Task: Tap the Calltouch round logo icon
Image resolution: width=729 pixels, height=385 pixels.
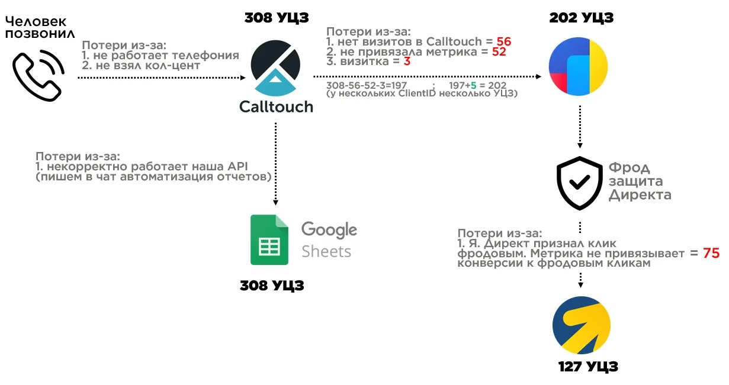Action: (x=276, y=68)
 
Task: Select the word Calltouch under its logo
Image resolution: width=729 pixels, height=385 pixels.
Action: (x=276, y=107)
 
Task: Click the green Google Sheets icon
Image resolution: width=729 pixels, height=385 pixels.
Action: (x=269, y=240)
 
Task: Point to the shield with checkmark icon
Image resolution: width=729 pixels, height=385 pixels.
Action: (x=580, y=182)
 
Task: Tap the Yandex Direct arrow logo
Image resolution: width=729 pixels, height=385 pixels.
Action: (x=581, y=325)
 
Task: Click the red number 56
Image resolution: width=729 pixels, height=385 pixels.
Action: (x=503, y=42)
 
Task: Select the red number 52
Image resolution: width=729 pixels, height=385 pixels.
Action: (x=499, y=51)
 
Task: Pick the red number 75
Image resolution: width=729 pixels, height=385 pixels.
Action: (x=711, y=253)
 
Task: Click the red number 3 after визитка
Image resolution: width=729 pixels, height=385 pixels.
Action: (x=407, y=61)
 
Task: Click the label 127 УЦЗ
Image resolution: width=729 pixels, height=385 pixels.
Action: (x=588, y=367)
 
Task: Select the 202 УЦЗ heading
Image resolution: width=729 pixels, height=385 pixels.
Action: (x=581, y=18)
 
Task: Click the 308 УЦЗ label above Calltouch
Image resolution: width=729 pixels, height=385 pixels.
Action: (x=277, y=18)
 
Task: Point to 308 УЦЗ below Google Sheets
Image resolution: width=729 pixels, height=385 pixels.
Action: (x=272, y=286)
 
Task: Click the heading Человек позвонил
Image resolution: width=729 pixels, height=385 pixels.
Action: (x=40, y=27)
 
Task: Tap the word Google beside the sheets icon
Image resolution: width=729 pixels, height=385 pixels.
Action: (x=329, y=229)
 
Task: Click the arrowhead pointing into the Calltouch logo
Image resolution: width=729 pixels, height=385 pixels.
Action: (x=242, y=77)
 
